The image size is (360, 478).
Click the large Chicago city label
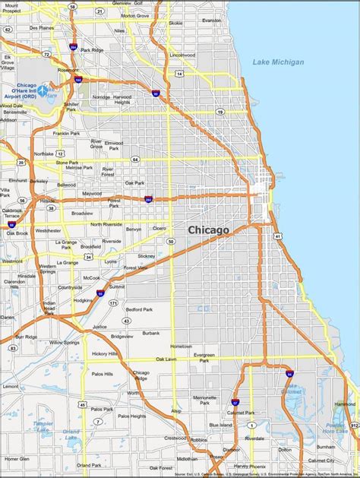tap(208, 229)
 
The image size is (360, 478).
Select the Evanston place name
tap(212, 21)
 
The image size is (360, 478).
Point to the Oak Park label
tap(134, 183)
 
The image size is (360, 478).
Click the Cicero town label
tap(159, 227)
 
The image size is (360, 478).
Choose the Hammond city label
tap(346, 404)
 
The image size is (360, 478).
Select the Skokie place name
tap(175, 23)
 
